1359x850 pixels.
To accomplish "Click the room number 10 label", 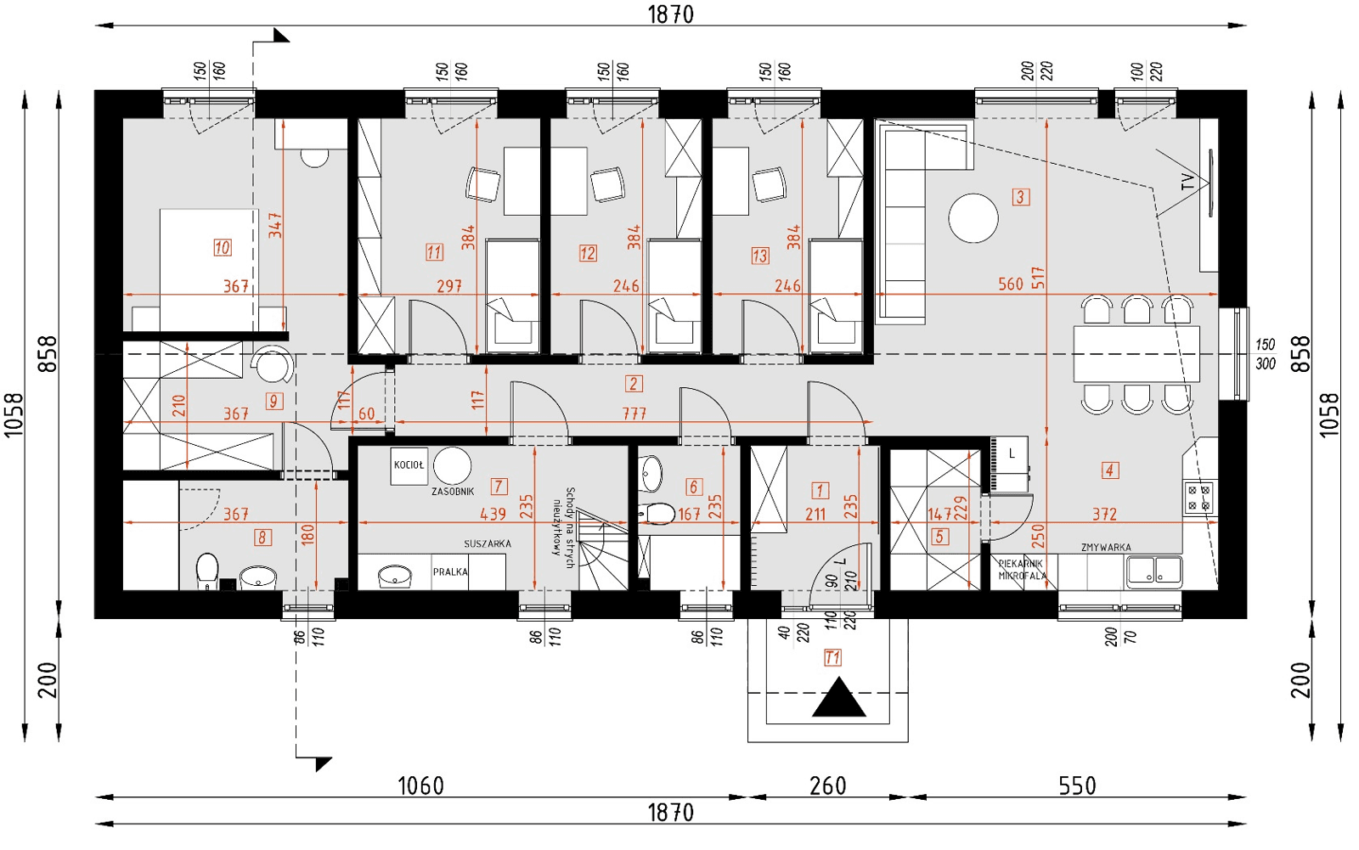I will pyautogui.click(x=222, y=248).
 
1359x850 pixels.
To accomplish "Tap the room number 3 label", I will pyautogui.click(x=1021, y=197).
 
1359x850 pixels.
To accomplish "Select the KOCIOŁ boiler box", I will pyautogui.click(x=409, y=465).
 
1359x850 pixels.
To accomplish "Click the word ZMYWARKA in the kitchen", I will pyautogui.click(x=1106, y=548).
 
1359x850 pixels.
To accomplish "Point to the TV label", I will pyautogui.click(x=1187, y=182).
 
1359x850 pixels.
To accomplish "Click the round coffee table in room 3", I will pyautogui.click(x=973, y=218).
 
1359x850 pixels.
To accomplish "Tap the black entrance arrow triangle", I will pyautogui.click(x=838, y=698).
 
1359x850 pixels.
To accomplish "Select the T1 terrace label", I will pyautogui.click(x=832, y=657).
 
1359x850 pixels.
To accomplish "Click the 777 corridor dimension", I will pyautogui.click(x=634, y=414).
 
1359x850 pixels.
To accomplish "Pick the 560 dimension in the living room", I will pyautogui.click(x=1010, y=284).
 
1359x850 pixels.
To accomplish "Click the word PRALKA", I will pyautogui.click(x=450, y=571).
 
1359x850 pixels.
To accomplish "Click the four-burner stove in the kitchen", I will pyautogui.click(x=1199, y=498).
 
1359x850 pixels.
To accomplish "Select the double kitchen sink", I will pyautogui.click(x=1153, y=571).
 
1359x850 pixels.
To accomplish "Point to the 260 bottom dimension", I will pyautogui.click(x=827, y=785).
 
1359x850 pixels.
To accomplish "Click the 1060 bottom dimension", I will pyautogui.click(x=421, y=785).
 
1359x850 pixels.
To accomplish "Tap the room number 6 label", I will pyautogui.click(x=693, y=487).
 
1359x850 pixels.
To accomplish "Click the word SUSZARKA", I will pyautogui.click(x=488, y=543).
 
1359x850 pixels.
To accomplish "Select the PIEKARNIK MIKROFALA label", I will pyautogui.click(x=1022, y=570).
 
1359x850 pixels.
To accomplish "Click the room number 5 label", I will pyautogui.click(x=939, y=537).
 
